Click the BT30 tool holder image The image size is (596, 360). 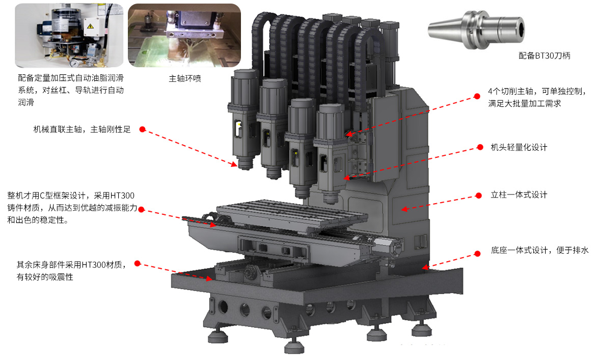click(476, 29)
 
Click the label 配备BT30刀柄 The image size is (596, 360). click(545, 56)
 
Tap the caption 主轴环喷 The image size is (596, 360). click(185, 78)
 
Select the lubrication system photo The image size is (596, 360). click(69, 36)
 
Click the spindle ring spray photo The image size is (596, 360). click(184, 35)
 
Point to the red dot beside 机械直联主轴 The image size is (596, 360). click(143, 129)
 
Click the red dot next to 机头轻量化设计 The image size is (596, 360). click(480, 147)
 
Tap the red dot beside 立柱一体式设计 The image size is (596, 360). click(478, 196)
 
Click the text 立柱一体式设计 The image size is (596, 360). click(519, 195)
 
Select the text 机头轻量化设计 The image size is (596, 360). click(519, 147)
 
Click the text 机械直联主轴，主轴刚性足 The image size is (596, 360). click(82, 129)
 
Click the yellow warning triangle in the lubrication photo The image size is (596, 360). click(91, 26)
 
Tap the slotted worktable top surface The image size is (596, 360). click(292, 213)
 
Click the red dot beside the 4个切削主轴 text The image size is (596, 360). click(477, 96)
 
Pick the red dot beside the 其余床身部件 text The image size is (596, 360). click(138, 263)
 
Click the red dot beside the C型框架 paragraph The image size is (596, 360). click(141, 209)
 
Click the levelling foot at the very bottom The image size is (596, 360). click(294, 346)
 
